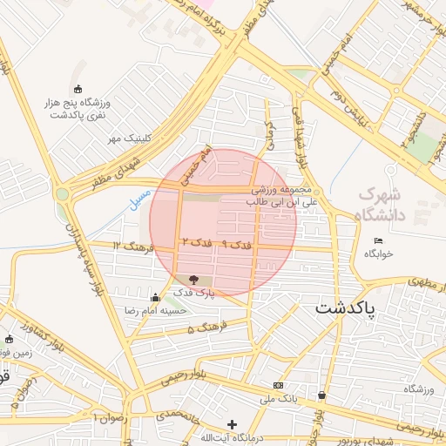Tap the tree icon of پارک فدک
[193, 280]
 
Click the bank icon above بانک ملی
[278, 385]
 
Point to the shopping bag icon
[322, 395]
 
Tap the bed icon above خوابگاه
[378, 240]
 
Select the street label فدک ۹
[236, 246]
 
